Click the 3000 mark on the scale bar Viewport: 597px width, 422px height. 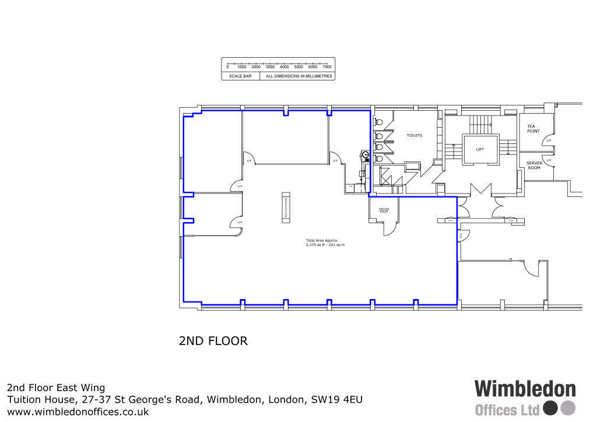[x=270, y=67]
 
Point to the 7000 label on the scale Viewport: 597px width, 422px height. [x=327, y=67]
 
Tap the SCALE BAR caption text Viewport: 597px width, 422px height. [x=240, y=76]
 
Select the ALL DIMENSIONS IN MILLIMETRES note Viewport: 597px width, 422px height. [x=298, y=76]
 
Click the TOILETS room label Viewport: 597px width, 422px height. [x=414, y=135]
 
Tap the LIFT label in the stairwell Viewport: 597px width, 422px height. [x=480, y=150]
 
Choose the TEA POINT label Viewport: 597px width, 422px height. [x=533, y=128]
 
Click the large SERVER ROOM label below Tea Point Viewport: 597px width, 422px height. [x=533, y=165]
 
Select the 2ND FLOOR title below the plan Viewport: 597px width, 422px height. [x=213, y=341]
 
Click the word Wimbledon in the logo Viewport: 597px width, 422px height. [x=525, y=389]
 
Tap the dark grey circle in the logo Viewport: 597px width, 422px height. [x=551, y=407]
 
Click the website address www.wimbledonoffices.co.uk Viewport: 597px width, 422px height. [x=78, y=412]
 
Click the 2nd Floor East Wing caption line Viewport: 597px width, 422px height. [x=56, y=388]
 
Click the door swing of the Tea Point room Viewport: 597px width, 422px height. [x=549, y=140]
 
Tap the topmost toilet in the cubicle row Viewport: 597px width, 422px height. [x=379, y=124]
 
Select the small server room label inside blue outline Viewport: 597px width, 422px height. [x=384, y=210]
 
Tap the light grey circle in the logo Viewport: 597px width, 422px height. [x=568, y=407]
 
